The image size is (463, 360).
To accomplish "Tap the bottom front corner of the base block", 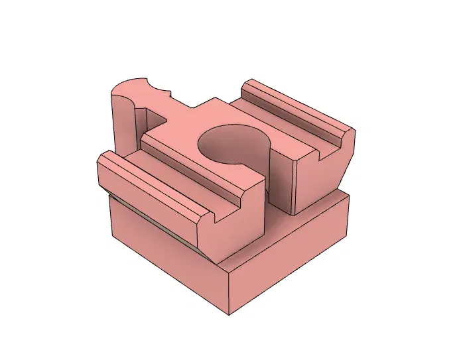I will tap(230, 314).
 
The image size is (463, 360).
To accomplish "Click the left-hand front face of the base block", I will tap(166, 255).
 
